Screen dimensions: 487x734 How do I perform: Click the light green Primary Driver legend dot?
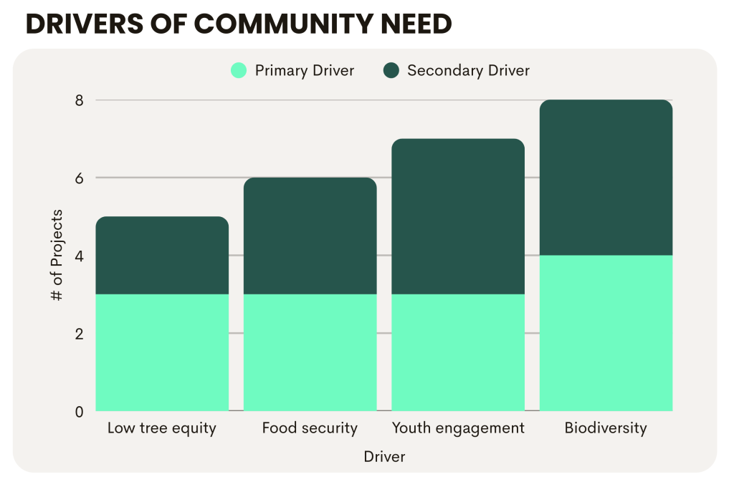239,70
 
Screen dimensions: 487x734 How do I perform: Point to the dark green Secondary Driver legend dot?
391,70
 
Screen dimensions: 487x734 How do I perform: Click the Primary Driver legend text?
305,70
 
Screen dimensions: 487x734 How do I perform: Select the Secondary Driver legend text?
468,70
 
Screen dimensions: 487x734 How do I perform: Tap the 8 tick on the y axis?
80,100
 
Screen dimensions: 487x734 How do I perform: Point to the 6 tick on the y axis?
80,178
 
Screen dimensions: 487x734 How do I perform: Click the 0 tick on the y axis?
80,411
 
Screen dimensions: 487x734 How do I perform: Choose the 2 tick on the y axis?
80,334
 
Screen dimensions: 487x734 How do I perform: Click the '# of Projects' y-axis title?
58,255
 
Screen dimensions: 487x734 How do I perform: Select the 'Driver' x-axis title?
384,456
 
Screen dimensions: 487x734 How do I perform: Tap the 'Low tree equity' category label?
161,428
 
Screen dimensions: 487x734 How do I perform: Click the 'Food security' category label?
310,428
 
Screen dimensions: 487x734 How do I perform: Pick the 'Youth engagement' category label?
458,428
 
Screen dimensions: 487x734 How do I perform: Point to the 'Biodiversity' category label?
606,428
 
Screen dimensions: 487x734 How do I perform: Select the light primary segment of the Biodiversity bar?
606,333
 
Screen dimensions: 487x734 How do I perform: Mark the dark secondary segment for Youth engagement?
458,216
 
